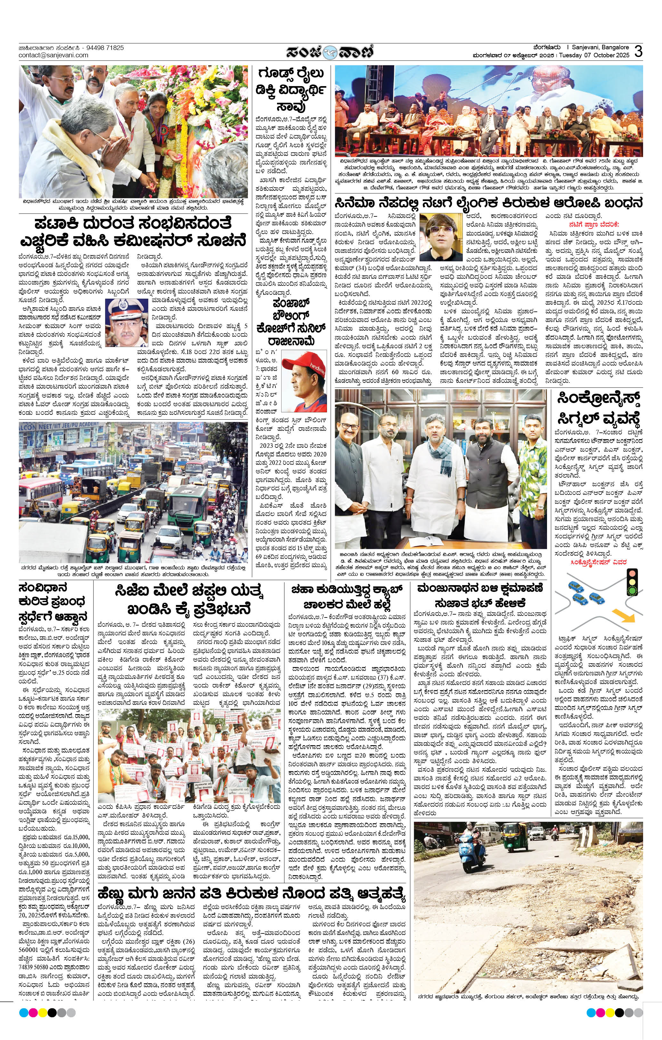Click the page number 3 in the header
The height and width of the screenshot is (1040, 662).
[638, 52]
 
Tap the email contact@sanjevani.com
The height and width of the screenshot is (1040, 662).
[53, 55]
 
